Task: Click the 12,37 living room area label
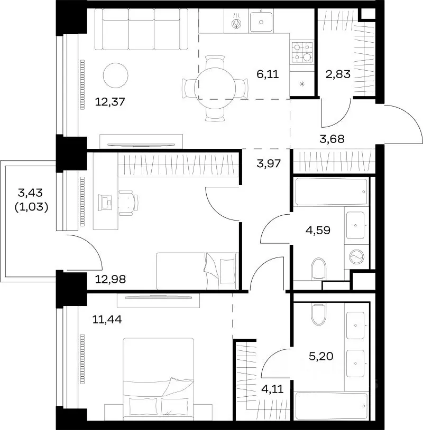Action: (x=110, y=102)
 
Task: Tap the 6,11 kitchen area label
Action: (x=268, y=74)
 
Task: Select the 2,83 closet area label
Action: (x=338, y=74)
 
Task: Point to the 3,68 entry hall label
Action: (x=332, y=139)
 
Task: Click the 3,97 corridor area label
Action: (x=269, y=164)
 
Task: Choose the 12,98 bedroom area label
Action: (x=110, y=279)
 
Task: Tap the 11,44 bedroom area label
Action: (x=107, y=320)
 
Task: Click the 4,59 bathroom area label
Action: (x=318, y=231)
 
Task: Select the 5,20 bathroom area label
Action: (x=321, y=356)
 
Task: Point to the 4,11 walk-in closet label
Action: (x=272, y=389)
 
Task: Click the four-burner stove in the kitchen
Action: (x=302, y=52)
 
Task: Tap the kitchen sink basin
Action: (x=261, y=22)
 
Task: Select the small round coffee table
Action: (x=115, y=75)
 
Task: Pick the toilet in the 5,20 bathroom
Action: (x=318, y=314)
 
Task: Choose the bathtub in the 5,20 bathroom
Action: (x=331, y=406)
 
